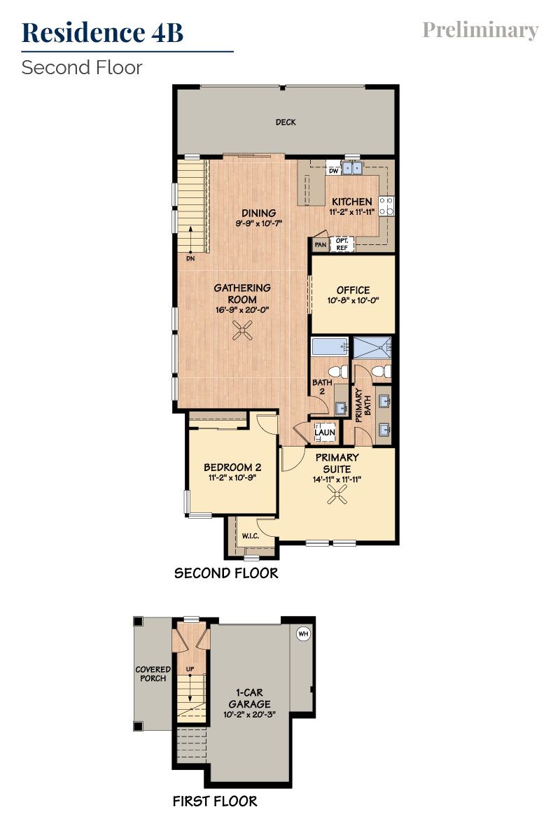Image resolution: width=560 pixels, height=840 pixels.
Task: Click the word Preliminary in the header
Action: tap(480, 30)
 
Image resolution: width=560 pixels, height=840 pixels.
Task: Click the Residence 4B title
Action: tap(103, 32)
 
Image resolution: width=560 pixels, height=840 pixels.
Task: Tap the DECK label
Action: tap(286, 122)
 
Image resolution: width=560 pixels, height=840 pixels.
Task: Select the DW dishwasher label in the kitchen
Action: tap(334, 170)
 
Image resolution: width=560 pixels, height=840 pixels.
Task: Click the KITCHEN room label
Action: tap(352, 202)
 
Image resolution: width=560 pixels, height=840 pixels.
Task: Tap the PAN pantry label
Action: tap(320, 245)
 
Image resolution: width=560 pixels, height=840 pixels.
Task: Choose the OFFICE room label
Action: tap(353, 290)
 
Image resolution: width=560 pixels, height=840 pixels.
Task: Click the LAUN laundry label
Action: tap(324, 433)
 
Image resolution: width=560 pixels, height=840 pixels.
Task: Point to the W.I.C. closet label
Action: tap(251, 537)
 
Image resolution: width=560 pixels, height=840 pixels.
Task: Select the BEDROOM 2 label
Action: tap(232, 468)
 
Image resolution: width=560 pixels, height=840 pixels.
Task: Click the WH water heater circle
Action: tap(303, 633)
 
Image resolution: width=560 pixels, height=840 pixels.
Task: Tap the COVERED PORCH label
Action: tap(152, 673)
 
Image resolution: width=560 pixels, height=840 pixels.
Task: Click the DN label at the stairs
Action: tap(190, 258)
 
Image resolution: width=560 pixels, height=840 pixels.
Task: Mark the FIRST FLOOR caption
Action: tap(215, 801)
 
